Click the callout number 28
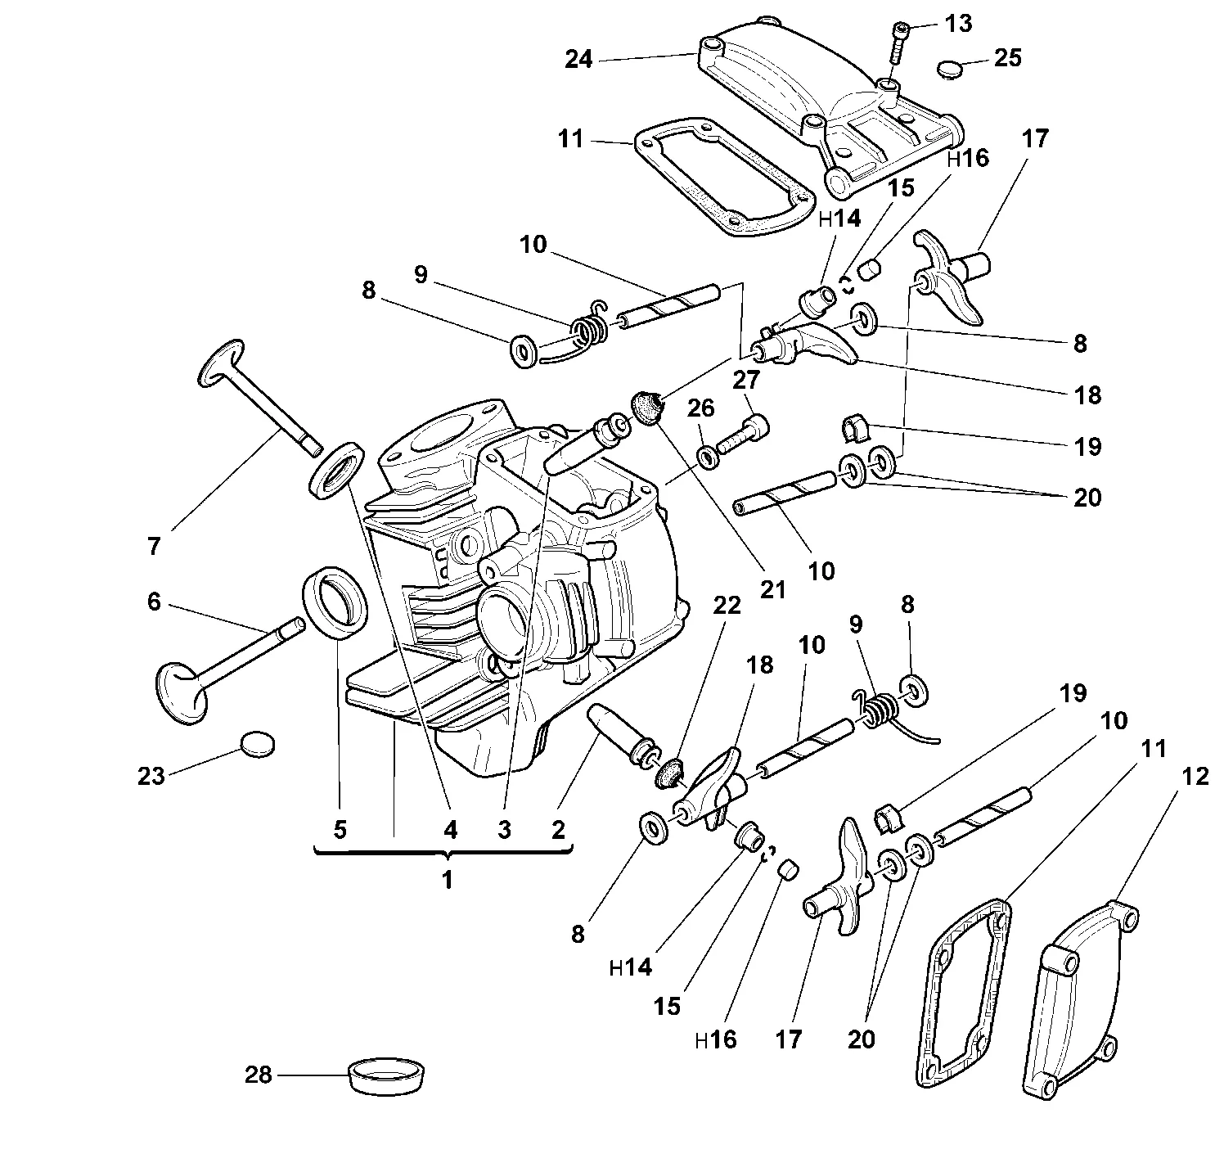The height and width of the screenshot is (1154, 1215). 259,1075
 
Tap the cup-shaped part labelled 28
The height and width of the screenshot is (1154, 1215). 386,1075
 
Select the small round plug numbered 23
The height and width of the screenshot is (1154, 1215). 257,744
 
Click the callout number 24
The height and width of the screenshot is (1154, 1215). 578,60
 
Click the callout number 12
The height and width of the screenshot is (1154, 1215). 1194,776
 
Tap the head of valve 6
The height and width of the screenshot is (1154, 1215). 182,692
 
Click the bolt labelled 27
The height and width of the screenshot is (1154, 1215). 743,434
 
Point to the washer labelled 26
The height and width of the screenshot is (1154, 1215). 709,458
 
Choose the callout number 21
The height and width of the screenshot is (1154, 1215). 772,589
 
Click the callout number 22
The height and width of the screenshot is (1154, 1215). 727,605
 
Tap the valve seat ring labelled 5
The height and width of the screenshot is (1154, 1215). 335,600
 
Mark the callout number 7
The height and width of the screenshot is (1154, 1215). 154,546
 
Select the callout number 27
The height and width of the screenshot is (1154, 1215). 746,380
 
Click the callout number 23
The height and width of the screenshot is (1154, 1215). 151,776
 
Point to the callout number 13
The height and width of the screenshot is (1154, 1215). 959,24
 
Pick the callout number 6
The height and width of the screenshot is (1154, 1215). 154,602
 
